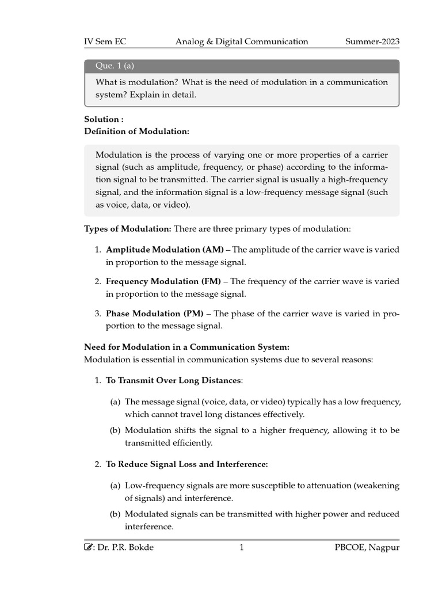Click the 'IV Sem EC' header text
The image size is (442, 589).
(x=105, y=41)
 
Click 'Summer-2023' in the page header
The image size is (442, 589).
(x=372, y=41)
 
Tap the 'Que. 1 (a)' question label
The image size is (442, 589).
(x=115, y=66)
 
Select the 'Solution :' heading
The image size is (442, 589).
(x=104, y=119)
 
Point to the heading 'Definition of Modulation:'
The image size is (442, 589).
(x=136, y=131)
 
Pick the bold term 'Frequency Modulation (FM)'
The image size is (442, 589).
(x=163, y=281)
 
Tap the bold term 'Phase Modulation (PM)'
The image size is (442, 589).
(x=155, y=313)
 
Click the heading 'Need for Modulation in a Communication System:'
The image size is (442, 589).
(x=186, y=347)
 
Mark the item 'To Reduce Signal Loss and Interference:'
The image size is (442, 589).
(x=187, y=464)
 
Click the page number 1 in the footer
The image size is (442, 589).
(x=242, y=548)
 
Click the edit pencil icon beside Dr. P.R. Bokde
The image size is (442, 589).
(x=88, y=548)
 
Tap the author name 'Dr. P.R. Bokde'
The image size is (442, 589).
(x=127, y=548)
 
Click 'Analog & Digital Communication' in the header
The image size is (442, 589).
(x=242, y=41)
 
